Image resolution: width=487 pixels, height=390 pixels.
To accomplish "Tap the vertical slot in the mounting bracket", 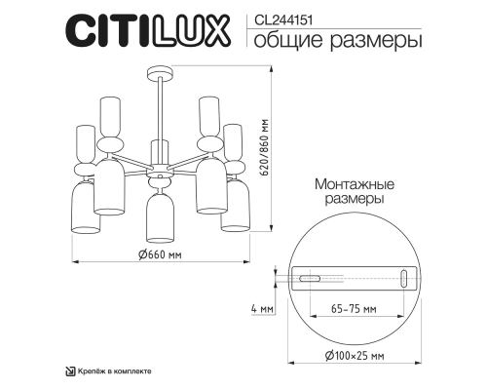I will [x=404, y=280].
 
